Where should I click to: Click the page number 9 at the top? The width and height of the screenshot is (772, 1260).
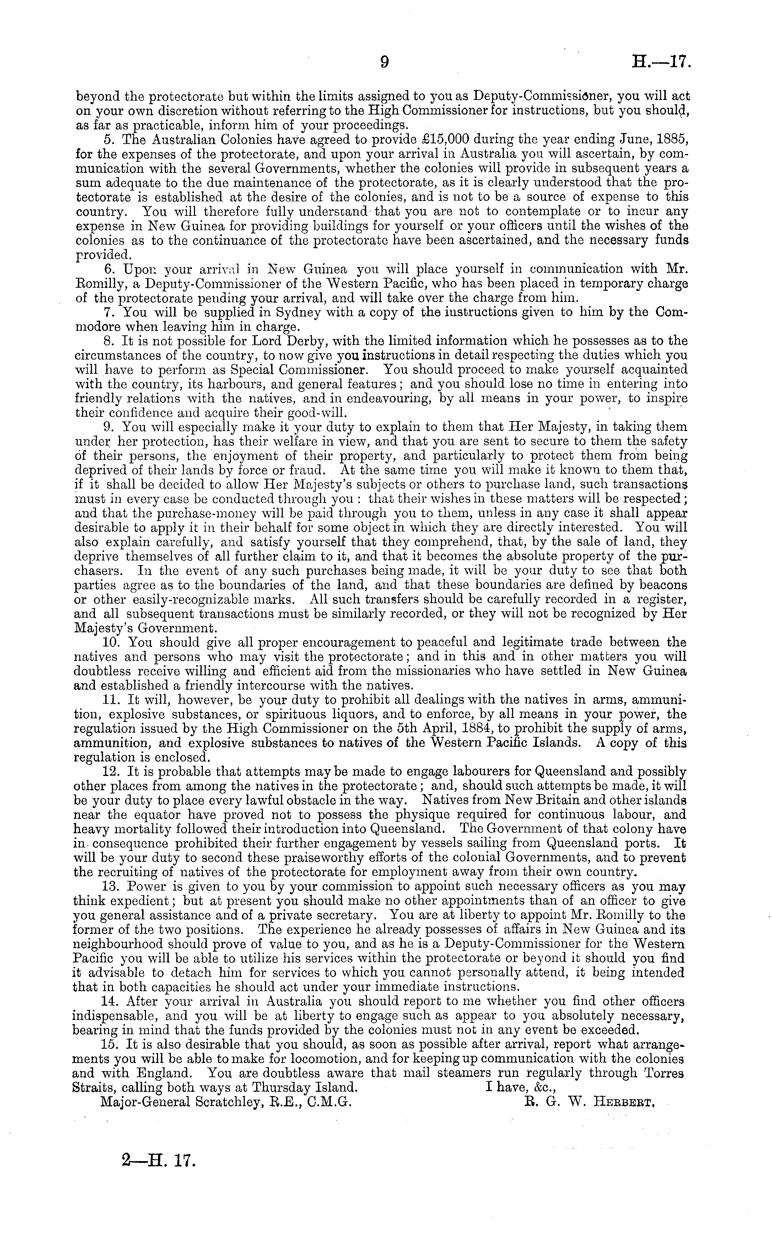tap(385, 62)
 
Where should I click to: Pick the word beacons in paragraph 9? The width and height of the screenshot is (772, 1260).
tap(659, 585)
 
